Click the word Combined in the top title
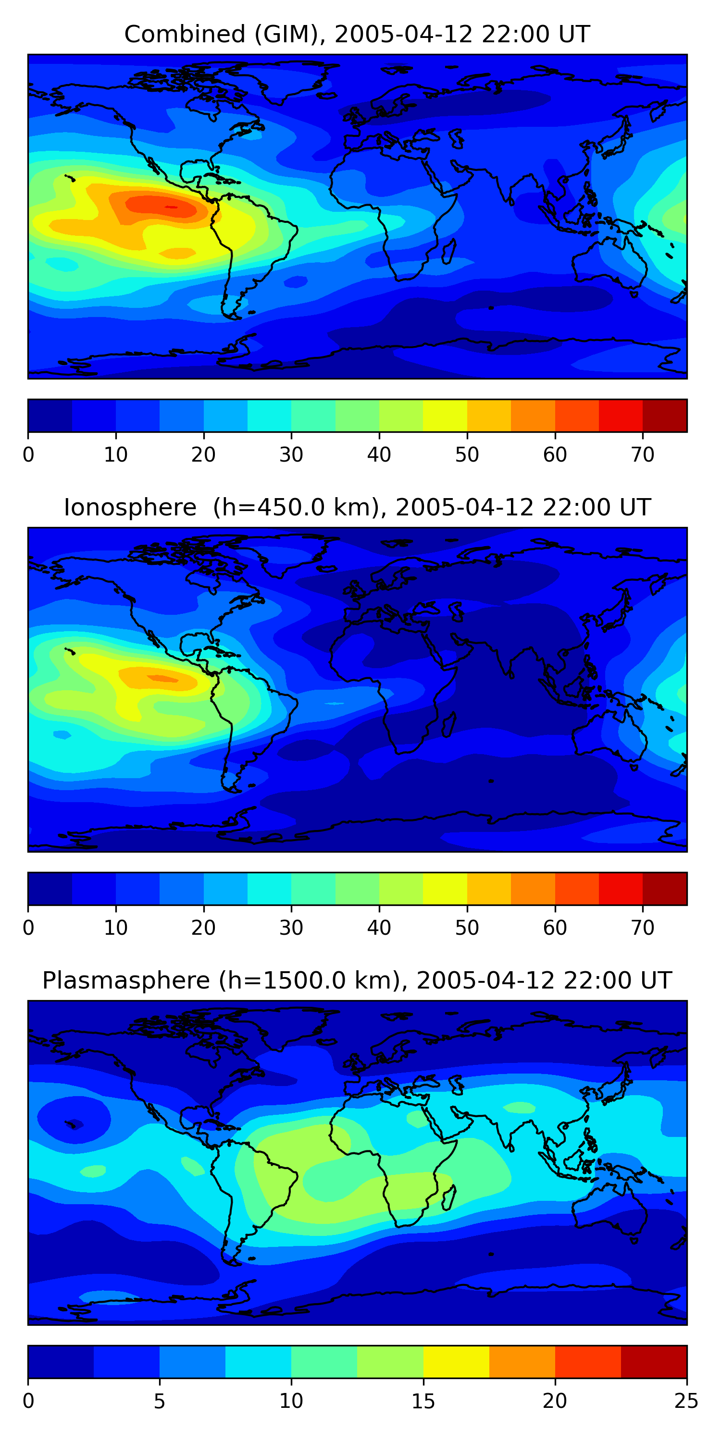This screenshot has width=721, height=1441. coord(185,34)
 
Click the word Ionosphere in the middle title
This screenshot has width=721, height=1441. coord(130,507)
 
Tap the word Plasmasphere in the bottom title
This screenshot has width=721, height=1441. coord(126,981)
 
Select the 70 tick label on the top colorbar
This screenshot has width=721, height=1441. coord(643,455)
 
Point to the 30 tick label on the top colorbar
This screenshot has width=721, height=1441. coord(291,455)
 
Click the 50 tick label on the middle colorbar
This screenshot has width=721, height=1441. coord(467,928)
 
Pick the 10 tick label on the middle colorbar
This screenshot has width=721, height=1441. coord(116,928)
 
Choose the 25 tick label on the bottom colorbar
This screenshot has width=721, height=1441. coord(686,1401)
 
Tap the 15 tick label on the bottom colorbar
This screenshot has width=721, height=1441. coord(423,1401)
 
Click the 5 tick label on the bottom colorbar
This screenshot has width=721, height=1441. coord(160,1401)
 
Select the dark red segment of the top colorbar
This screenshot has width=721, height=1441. coord(664,415)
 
